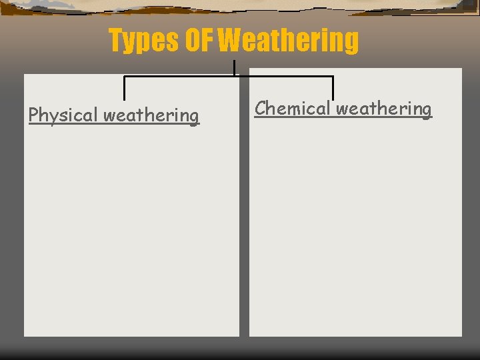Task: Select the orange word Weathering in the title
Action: tap(289, 41)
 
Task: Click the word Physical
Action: tap(63, 115)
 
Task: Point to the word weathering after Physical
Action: tap(151, 115)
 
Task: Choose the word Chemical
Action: tap(293, 108)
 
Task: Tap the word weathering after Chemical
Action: tap(384, 108)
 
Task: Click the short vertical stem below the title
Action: tap(234, 67)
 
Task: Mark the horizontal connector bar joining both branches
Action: tap(228, 77)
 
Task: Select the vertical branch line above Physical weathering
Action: tap(125, 88)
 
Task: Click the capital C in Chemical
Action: tap(261, 107)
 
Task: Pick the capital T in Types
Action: tap(117, 41)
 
